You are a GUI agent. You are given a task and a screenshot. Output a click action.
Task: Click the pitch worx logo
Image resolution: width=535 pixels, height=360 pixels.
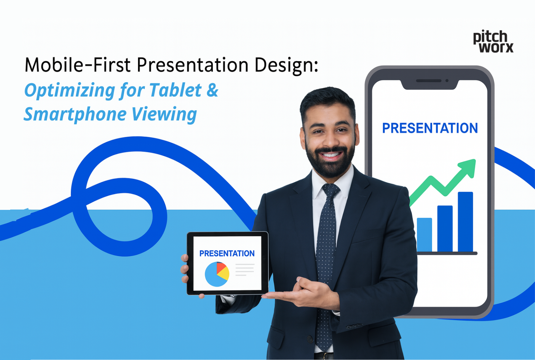pos(493,42)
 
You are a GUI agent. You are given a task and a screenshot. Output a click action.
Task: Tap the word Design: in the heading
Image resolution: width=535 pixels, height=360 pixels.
pos(286,66)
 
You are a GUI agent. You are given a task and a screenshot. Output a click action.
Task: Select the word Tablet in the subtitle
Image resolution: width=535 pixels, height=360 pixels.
pos(175,90)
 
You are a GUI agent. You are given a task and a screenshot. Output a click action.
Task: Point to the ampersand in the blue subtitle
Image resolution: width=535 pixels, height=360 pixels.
pos(213,90)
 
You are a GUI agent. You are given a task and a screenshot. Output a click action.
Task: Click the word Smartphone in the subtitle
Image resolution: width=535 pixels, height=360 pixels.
pos(75,115)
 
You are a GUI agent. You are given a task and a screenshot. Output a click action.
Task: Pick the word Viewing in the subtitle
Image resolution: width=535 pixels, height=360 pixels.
pos(164,115)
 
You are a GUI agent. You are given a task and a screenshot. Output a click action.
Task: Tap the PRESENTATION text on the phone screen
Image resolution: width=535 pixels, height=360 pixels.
pos(430,128)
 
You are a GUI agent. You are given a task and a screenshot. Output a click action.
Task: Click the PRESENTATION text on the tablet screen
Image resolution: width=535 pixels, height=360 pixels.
pos(227,253)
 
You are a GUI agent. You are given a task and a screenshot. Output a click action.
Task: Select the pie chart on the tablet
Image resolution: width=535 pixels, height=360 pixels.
pos(217,274)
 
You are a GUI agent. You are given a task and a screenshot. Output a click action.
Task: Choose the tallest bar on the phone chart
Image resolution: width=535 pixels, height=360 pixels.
pos(465,222)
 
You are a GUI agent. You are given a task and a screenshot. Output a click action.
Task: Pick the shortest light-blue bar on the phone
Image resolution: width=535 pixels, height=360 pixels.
pos(424,234)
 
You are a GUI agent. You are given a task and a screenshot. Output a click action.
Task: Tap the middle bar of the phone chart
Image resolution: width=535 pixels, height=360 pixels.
pos(445,229)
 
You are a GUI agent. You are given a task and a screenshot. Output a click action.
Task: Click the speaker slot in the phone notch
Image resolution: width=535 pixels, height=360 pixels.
pos(429,81)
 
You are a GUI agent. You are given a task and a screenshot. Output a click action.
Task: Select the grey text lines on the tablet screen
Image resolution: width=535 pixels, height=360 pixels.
pos(244,270)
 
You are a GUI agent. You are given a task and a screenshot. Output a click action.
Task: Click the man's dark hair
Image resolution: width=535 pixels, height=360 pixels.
pos(327,100)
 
